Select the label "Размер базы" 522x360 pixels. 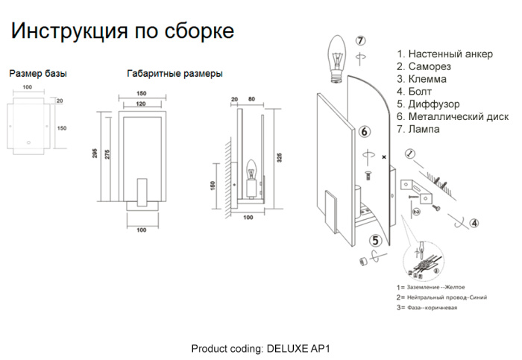37,74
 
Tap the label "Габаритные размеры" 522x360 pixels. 174,74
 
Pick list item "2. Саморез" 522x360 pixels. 424,66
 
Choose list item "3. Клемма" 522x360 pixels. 422,79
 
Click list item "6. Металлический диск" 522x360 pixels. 453,116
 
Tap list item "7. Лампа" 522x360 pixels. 418,129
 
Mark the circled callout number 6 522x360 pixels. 364,132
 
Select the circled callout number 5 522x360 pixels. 376,240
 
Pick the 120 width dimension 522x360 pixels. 140,104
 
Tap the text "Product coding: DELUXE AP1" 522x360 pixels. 260,348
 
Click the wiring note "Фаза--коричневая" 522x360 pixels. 432,307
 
